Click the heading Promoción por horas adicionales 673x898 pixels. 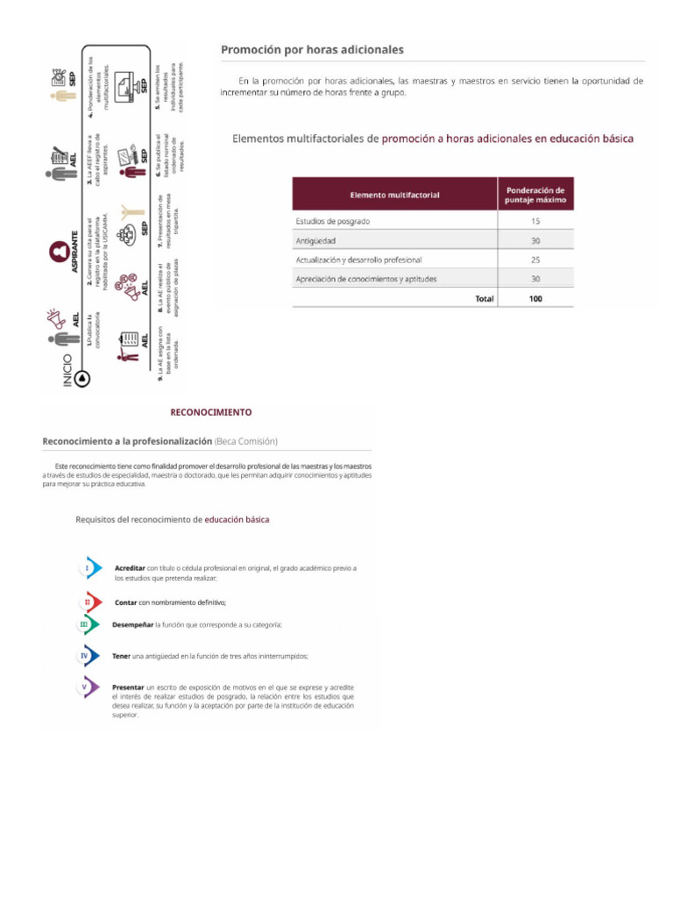click(312, 50)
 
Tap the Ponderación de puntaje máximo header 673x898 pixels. click(535, 194)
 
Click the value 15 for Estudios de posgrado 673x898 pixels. click(535, 222)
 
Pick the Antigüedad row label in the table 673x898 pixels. click(316, 240)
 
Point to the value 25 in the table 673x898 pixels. click(535, 260)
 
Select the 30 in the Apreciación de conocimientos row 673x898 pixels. click(535, 279)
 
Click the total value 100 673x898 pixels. click(535, 298)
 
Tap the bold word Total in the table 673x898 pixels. click(484, 298)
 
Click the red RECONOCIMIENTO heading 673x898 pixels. click(210, 411)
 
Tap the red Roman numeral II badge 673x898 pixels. click(88, 602)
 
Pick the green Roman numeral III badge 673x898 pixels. click(85, 624)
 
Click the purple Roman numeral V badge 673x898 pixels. click(85, 688)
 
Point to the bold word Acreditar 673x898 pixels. click(130, 568)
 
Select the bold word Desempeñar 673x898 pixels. click(132, 624)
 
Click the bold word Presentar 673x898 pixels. click(130, 687)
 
